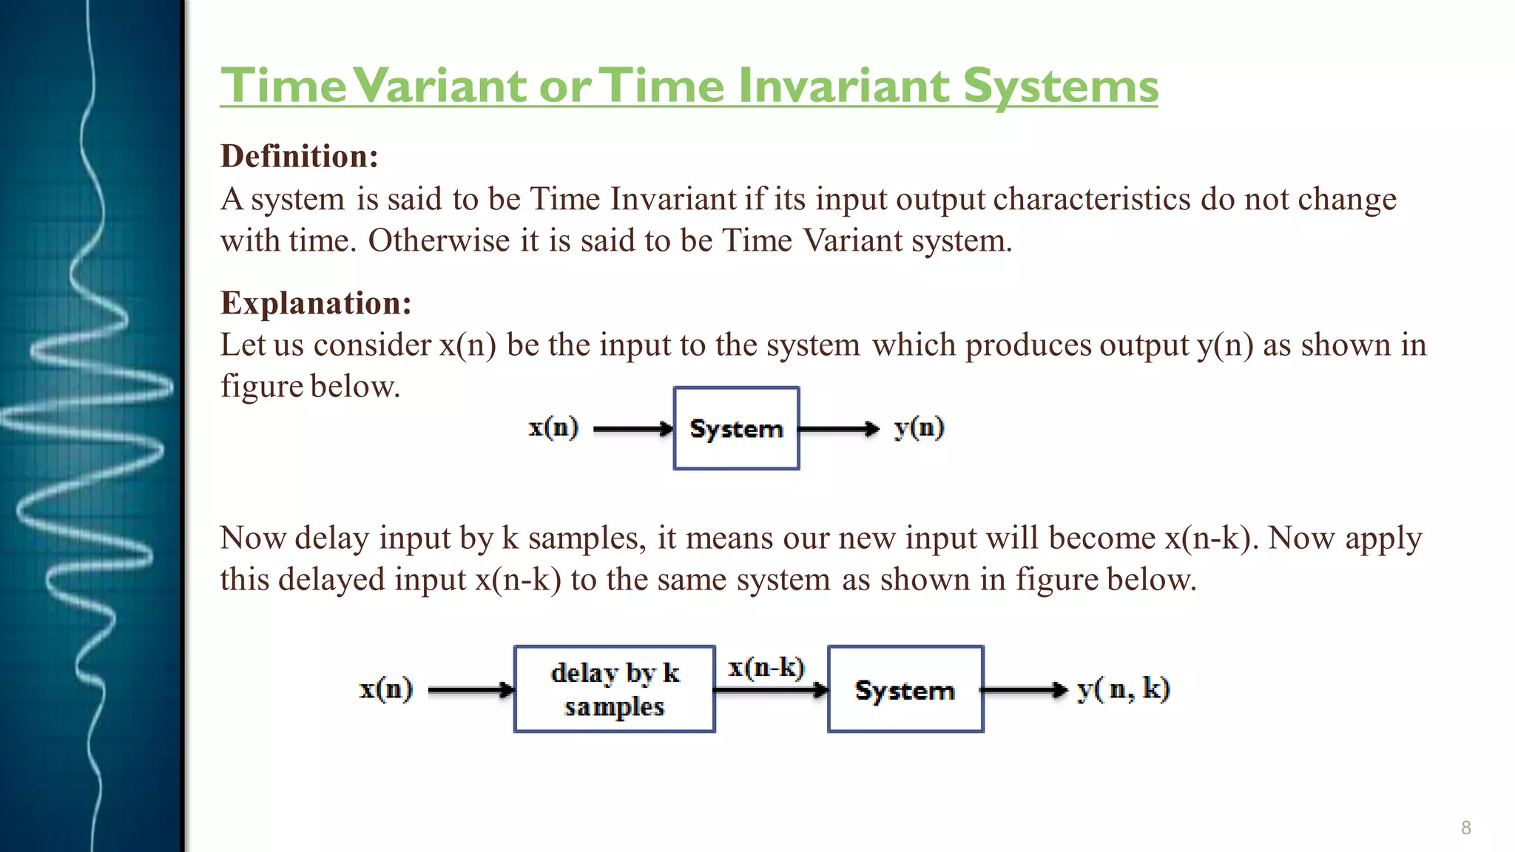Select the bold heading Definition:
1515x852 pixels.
[x=300, y=157]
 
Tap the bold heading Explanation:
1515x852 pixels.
[x=316, y=303]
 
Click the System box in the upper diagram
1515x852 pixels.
[x=736, y=428]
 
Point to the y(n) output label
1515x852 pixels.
[x=919, y=428]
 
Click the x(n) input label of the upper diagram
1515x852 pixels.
[x=553, y=428]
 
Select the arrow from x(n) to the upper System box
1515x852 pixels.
[x=632, y=429]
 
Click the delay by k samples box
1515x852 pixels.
[x=614, y=689]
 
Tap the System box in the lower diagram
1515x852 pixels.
[x=905, y=689]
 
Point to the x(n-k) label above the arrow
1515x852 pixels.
[x=766, y=668]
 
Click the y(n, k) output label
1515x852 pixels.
[x=1123, y=689]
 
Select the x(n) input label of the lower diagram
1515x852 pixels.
[x=385, y=689]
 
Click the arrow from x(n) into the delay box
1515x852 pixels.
[x=470, y=690]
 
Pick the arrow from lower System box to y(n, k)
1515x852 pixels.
[x=1025, y=690]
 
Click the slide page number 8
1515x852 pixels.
[x=1465, y=828]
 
